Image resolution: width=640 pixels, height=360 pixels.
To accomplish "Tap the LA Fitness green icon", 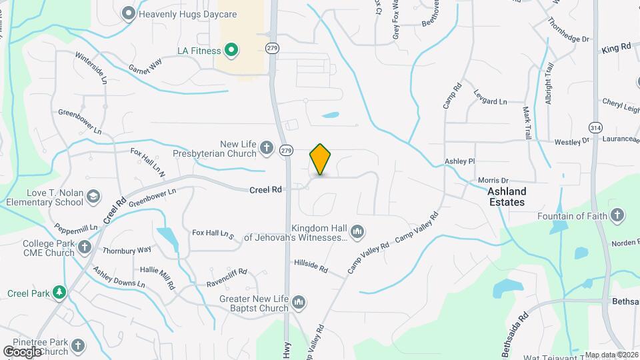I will coord(231,49).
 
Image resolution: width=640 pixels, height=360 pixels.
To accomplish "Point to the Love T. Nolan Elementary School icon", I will coord(93,196).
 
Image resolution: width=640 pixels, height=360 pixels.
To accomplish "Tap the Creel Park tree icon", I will coord(60,292).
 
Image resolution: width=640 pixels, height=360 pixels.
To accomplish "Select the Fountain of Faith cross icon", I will coord(617,215).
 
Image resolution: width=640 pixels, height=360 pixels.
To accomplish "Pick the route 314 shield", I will coord(595,127).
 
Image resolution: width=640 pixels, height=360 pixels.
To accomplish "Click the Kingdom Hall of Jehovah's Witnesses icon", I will coord(357,231).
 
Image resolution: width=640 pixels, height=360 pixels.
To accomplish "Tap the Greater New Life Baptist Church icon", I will coord(299,302).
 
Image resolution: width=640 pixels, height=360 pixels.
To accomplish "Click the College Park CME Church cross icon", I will coord(84,247).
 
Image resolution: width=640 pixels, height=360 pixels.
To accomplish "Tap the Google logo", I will coord(22,351).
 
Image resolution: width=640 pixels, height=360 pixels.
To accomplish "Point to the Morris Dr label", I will coord(493,181).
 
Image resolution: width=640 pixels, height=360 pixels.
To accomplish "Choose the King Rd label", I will coord(616,48).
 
